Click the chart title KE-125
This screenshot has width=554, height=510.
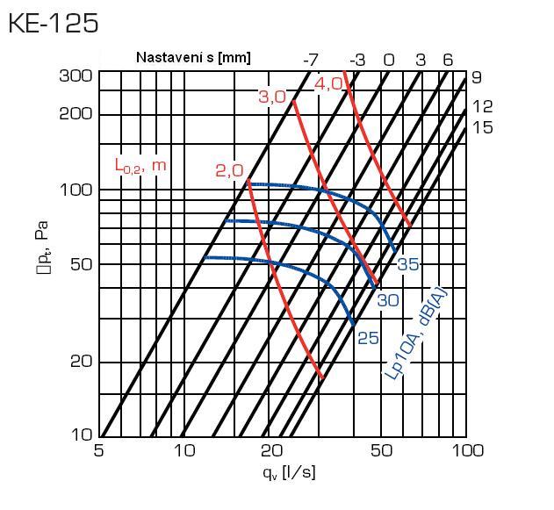coord(53,23)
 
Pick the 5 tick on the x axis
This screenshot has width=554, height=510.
coord(98,451)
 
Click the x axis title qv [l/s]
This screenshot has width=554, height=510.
coord(288,472)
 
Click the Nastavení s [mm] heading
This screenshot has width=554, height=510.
coord(193,58)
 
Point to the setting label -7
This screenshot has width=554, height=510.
coord(310,60)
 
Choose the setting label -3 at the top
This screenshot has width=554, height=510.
coord(357,60)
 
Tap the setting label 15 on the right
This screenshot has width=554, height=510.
coord(482,128)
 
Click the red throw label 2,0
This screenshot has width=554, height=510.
coord(229,170)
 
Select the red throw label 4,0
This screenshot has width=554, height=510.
coord(329,84)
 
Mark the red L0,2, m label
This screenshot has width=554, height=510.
coord(140,165)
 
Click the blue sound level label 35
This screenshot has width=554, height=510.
coord(408,264)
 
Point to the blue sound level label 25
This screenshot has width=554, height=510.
coord(368,338)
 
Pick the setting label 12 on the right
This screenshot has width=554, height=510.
coord(482,106)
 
